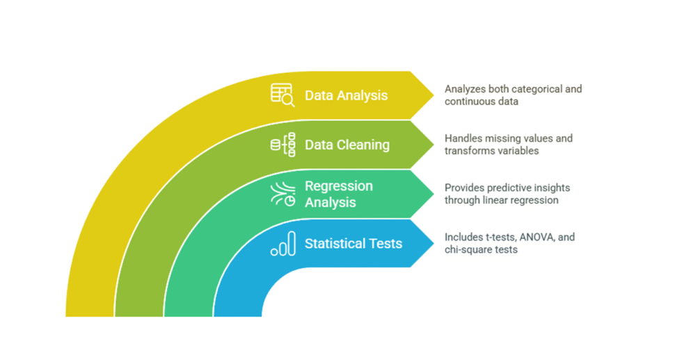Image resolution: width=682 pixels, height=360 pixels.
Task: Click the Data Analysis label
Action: coord(346,95)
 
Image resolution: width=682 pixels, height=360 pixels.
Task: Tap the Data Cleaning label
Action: coord(347,145)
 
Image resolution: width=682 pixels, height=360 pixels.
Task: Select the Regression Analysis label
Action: coord(339,194)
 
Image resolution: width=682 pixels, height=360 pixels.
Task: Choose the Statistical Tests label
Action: coord(353,244)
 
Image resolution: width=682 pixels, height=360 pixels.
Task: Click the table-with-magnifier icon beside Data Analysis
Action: coord(282,95)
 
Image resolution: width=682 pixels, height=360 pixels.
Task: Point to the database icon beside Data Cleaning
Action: coord(282,145)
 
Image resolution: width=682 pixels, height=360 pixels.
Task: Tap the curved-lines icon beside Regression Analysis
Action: coord(283,194)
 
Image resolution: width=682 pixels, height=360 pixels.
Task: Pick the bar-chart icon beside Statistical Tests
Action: coord(283,244)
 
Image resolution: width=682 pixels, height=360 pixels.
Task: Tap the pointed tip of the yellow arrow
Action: coord(433,95)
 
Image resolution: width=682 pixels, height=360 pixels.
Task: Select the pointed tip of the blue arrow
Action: coord(433,244)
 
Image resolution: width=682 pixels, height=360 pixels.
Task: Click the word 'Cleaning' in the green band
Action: coord(365,145)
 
